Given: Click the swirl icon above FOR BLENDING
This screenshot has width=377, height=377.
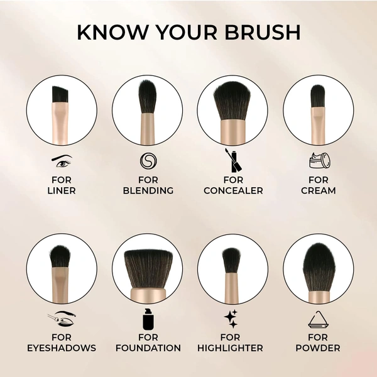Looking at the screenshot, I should (148, 161).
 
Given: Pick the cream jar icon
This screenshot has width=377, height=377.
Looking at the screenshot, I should (318, 161).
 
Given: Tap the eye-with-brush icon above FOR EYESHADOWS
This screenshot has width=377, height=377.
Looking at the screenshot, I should (62, 320).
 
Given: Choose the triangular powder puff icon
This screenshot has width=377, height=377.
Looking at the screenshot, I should (318, 320).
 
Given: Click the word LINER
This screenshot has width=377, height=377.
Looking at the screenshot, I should (62, 190).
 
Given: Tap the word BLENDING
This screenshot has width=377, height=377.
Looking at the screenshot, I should (148, 190).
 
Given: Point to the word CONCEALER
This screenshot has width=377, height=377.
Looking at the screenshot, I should (233, 190).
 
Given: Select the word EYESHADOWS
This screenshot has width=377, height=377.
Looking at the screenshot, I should (62, 348).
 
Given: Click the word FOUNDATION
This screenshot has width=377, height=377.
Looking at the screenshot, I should (148, 348).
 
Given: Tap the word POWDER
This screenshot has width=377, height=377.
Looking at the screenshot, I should (318, 348).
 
